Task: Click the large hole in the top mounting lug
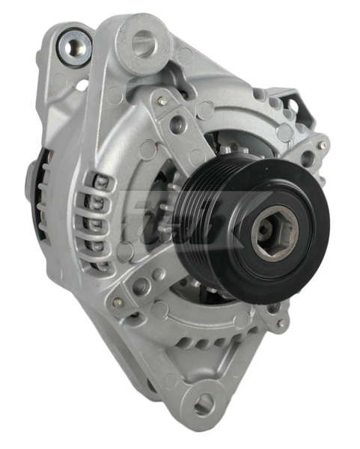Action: pyautogui.click(x=143, y=44)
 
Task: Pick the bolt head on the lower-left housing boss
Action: pyautogui.click(x=118, y=303)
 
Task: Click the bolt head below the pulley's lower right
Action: pyautogui.click(x=281, y=323)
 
